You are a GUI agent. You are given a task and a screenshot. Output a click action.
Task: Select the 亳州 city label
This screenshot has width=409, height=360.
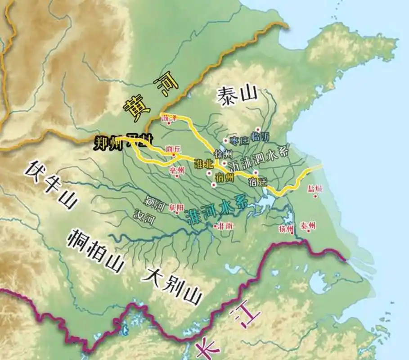click(x=177, y=169)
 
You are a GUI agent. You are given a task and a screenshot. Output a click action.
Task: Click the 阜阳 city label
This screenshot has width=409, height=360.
click(x=176, y=207)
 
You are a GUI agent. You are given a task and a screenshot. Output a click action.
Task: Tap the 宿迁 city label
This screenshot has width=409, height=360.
click(x=257, y=182)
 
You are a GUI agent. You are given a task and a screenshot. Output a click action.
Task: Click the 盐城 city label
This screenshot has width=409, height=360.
click(x=315, y=188)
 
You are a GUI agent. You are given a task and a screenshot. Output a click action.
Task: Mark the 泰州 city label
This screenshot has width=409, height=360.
click(x=308, y=225)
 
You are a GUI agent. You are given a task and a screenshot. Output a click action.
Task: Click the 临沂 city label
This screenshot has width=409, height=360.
click(x=262, y=137)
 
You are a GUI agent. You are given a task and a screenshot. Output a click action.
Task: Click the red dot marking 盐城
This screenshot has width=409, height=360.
click(x=316, y=196)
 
